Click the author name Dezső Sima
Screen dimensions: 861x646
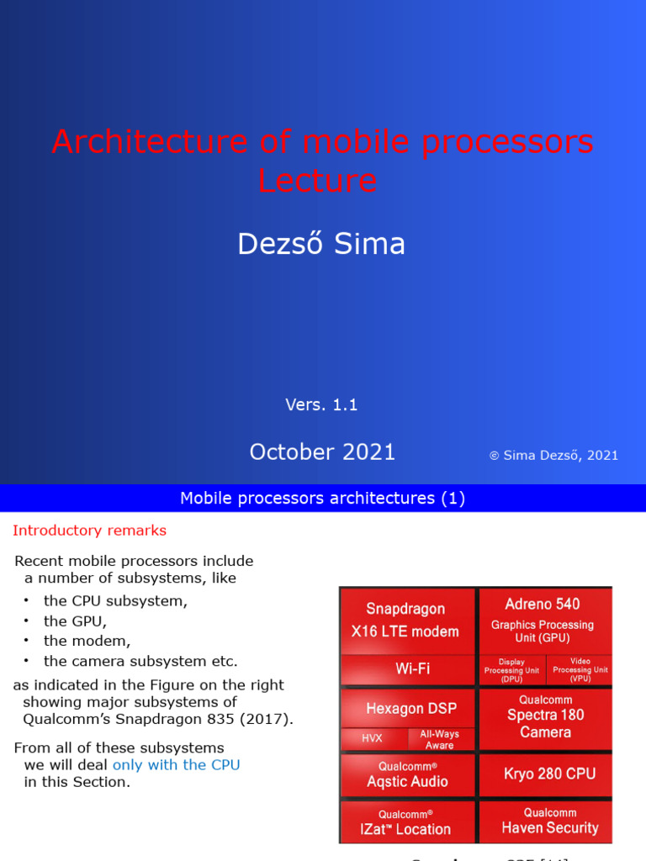321,244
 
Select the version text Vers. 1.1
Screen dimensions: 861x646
321,404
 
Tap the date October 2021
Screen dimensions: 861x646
322,452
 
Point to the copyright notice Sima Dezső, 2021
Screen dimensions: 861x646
553,455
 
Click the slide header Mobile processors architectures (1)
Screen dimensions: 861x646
322,499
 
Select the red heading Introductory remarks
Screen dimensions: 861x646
89,531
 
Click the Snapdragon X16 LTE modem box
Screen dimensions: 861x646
406,621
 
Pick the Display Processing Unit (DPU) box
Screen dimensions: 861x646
511,670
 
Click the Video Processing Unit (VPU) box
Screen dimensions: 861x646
580,670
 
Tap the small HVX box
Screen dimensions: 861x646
372,739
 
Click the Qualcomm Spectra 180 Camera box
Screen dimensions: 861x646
545,716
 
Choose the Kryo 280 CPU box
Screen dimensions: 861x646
545,774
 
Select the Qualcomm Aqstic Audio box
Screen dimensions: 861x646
407,774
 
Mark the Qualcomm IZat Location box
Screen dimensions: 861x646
406,821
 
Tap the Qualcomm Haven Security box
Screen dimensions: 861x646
549,821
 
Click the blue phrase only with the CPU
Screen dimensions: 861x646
176,764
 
